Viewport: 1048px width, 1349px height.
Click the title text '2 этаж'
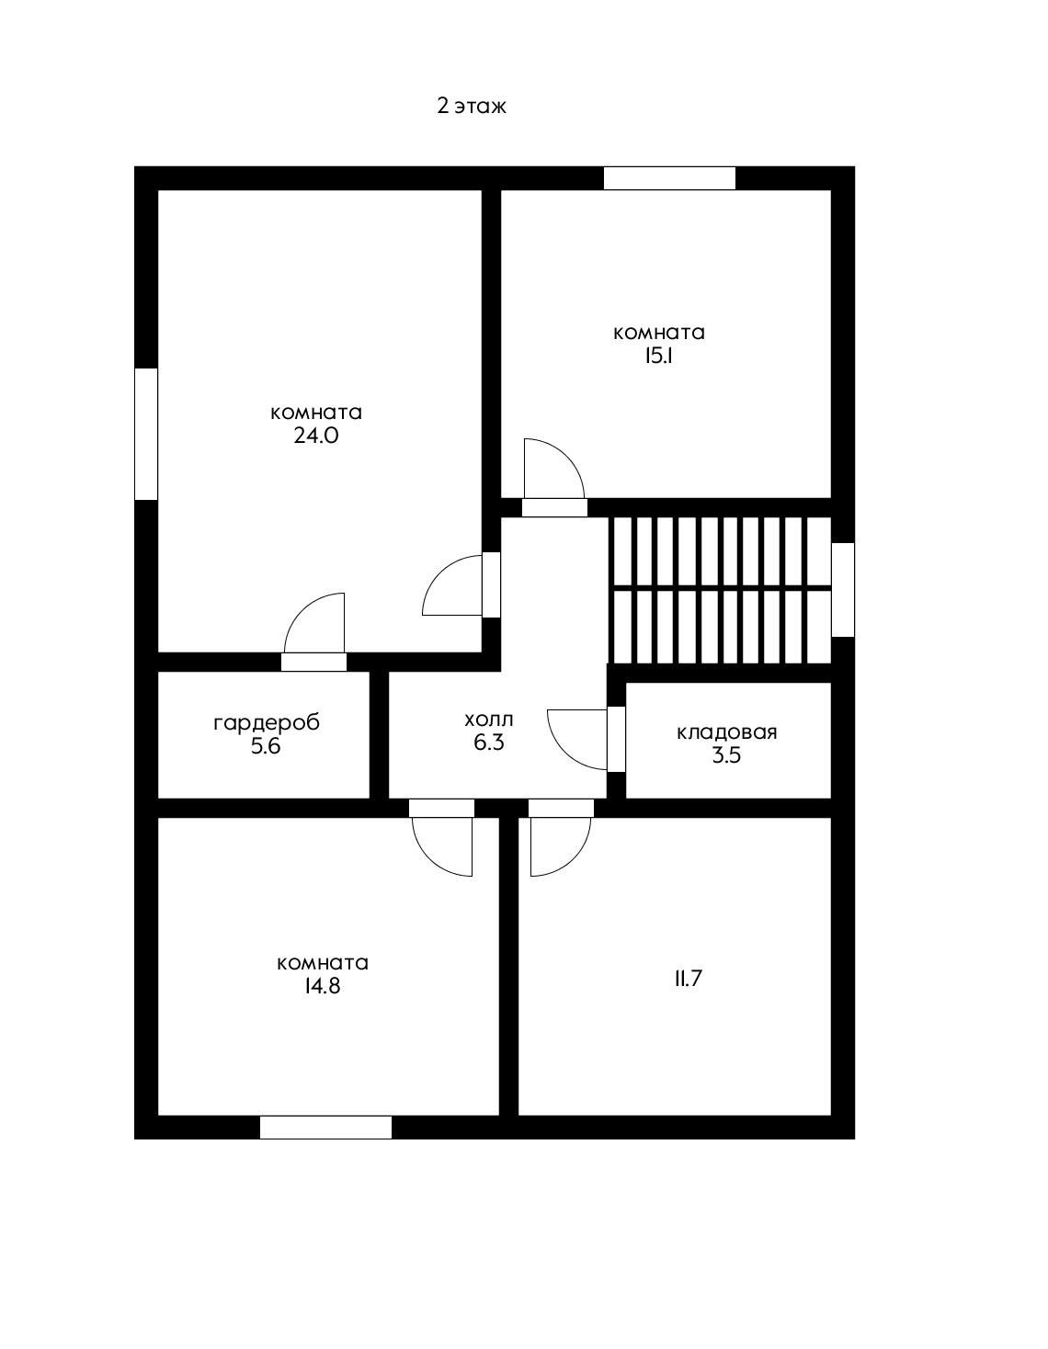pos(472,107)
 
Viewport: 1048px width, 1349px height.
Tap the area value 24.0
pos(316,436)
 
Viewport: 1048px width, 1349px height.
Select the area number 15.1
pos(659,356)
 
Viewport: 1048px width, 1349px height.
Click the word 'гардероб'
pos(267,724)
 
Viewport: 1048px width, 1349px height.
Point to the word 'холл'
pos(489,720)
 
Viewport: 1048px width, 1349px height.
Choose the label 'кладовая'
pos(726,732)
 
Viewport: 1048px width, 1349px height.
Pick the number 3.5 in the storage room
pos(726,755)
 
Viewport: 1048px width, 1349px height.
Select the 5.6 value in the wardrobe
pos(266,746)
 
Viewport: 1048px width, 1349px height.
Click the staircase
pos(720,589)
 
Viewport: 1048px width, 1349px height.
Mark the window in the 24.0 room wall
pos(146,434)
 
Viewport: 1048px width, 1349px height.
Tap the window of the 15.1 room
pos(669,178)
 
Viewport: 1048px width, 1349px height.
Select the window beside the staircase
pos(842,590)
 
